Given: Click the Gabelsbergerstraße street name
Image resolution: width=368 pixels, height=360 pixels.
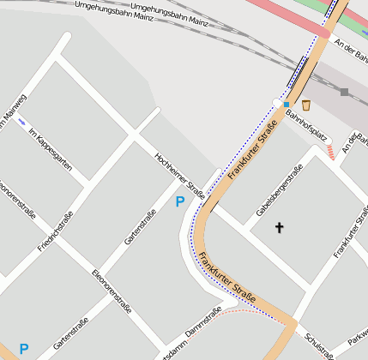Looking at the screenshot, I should [279, 190].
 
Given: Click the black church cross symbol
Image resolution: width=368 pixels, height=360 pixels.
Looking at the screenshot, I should [278, 227].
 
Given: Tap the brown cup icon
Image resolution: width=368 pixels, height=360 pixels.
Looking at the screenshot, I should [306, 104].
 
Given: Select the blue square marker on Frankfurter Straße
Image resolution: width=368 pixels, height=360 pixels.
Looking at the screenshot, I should [287, 104].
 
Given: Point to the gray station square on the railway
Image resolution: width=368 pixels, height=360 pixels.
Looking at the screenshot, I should [344, 92].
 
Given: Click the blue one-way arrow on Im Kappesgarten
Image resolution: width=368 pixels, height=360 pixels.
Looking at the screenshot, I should [21, 122].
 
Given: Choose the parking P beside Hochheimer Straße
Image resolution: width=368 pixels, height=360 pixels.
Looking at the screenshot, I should [179, 201].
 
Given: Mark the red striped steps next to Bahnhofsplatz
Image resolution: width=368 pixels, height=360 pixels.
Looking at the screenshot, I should [330, 153].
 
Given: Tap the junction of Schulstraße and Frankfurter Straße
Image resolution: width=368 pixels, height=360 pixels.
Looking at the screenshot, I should [293, 324].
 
